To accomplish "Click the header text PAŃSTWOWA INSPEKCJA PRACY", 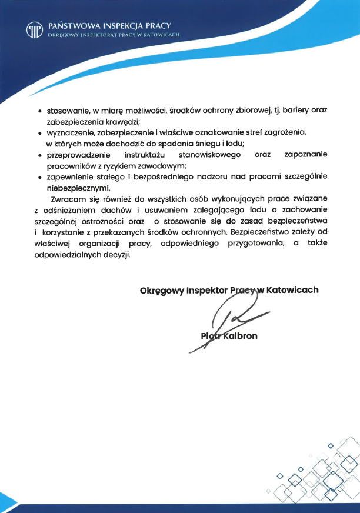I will pos(109,25).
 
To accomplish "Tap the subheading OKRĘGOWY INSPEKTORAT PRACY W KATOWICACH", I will pos(114,35).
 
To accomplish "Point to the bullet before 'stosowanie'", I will pos(39,111).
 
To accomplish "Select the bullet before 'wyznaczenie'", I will pos(39,134).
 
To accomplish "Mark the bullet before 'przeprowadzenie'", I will pos(39,156).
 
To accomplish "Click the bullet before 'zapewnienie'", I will pos(39,178).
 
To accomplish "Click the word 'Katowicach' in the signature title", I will pos(292,290).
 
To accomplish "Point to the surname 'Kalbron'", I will pos(238,337).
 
